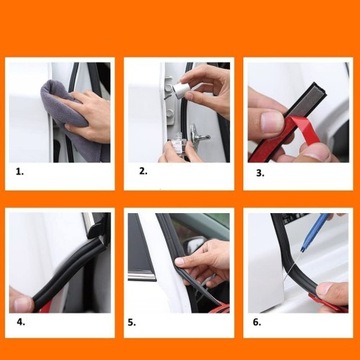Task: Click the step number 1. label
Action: [x=20, y=172]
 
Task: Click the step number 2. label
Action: [x=143, y=171]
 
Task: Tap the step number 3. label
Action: [x=260, y=173]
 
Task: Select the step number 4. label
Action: [x=21, y=322]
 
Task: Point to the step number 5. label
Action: [x=132, y=323]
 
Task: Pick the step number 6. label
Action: [x=257, y=322]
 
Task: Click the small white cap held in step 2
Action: [x=181, y=90]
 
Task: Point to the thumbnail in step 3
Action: [x=273, y=122]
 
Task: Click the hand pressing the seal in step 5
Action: [x=203, y=263]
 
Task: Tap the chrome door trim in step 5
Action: [x=142, y=275]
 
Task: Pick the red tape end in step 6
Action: [x=328, y=304]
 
